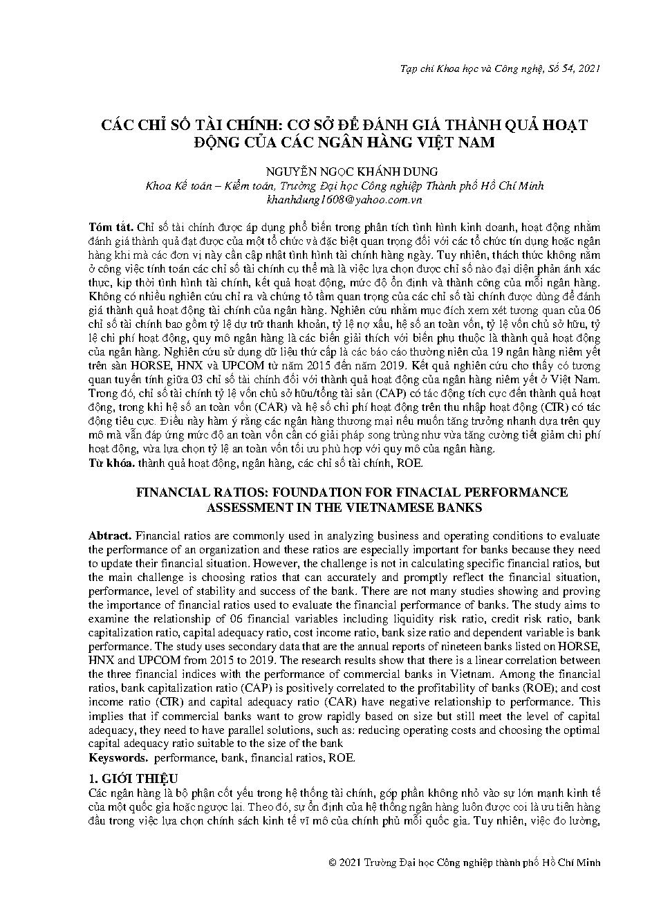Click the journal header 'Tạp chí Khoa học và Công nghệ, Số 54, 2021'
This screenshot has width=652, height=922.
(500, 68)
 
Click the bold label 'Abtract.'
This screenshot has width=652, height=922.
(110, 536)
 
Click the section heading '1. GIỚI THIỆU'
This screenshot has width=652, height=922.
(133, 778)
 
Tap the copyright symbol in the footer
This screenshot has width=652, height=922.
(333, 863)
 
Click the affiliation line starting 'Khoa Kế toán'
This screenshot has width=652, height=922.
(344, 185)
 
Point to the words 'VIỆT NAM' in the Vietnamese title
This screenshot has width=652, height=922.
(463, 142)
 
